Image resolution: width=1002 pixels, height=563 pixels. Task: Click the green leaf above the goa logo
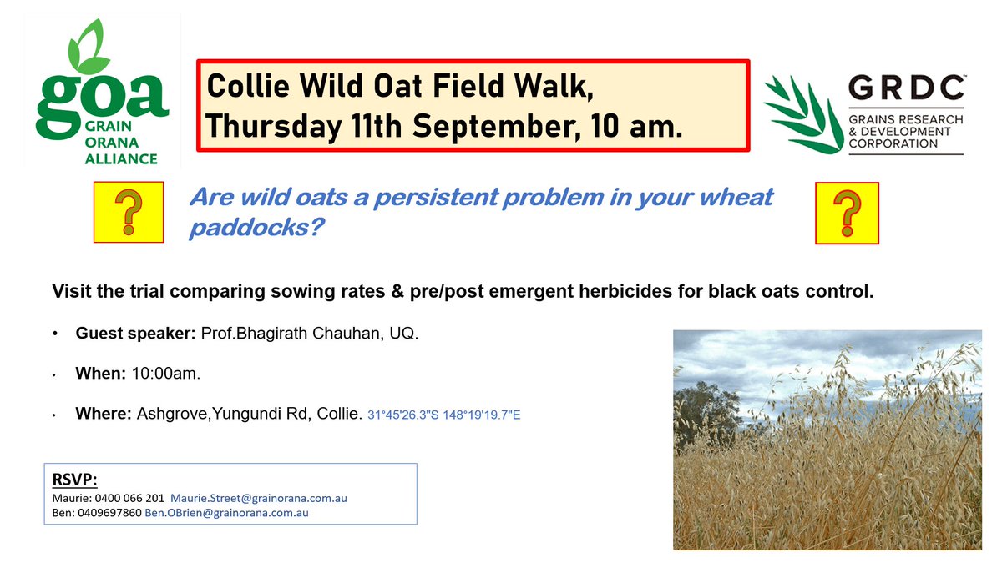89,47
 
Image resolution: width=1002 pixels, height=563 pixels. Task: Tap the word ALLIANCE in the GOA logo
121,159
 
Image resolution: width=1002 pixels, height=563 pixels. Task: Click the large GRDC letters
905,88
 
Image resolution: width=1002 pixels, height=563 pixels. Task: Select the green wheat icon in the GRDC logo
802,115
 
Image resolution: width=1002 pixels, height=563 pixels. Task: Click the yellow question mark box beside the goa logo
129,212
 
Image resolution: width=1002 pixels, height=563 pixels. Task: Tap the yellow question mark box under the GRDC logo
847,214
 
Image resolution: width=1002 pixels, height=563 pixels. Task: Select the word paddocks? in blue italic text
256,228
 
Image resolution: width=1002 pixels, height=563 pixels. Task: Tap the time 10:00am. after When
166,374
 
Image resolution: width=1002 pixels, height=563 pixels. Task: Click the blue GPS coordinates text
443,415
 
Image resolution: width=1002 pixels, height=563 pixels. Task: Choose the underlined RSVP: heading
74,480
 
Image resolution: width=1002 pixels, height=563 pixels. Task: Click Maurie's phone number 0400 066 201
129,498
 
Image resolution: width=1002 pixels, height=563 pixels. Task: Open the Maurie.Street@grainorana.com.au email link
259,498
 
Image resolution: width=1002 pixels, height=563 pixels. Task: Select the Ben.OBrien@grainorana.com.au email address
226,513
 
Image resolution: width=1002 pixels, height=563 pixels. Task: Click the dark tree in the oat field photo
706,415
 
